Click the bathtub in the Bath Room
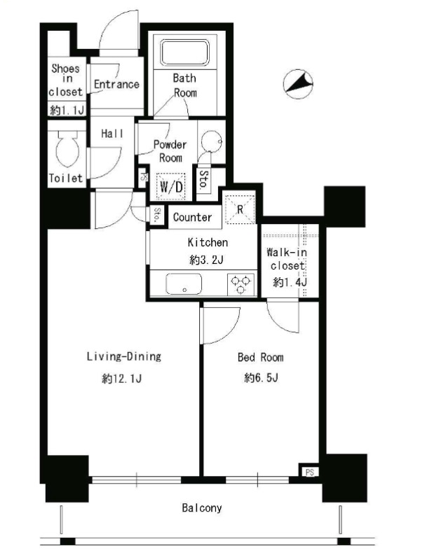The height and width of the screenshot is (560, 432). click(x=184, y=52)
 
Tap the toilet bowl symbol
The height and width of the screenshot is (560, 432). click(x=67, y=149)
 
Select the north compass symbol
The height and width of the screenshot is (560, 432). click(x=298, y=84)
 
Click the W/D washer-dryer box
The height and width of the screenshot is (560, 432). click(x=171, y=186)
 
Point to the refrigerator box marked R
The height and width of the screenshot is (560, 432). click(x=240, y=209)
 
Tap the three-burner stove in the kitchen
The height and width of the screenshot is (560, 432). click(x=241, y=284)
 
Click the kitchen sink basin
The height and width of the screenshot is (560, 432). click(x=184, y=284)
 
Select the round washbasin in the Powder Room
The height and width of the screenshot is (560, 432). click(x=212, y=141)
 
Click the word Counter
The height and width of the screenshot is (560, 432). click(x=192, y=217)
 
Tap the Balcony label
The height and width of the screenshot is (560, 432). click(x=202, y=508)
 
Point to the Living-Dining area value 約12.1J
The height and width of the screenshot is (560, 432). click(x=122, y=378)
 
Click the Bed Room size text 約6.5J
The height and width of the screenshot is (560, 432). click(x=261, y=377)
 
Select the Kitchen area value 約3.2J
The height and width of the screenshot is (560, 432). click(x=206, y=260)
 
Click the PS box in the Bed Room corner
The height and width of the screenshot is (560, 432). click(x=309, y=472)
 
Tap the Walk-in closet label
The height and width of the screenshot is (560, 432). click(x=287, y=259)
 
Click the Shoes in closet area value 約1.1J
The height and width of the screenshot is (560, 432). click(x=67, y=110)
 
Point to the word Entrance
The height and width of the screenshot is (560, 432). click(x=116, y=84)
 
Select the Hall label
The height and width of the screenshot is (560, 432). click(x=112, y=134)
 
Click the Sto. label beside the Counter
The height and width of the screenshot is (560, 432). click(x=157, y=215)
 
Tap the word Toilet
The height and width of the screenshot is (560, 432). click(x=65, y=178)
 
